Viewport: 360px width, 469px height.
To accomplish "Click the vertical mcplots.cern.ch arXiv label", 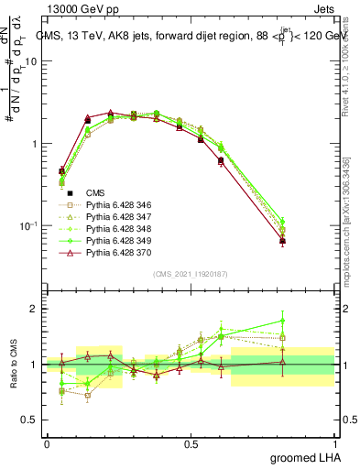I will (x=348, y=229).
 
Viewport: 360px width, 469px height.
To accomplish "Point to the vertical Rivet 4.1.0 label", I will (x=348, y=55).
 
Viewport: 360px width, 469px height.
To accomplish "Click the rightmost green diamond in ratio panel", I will (x=282, y=321).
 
